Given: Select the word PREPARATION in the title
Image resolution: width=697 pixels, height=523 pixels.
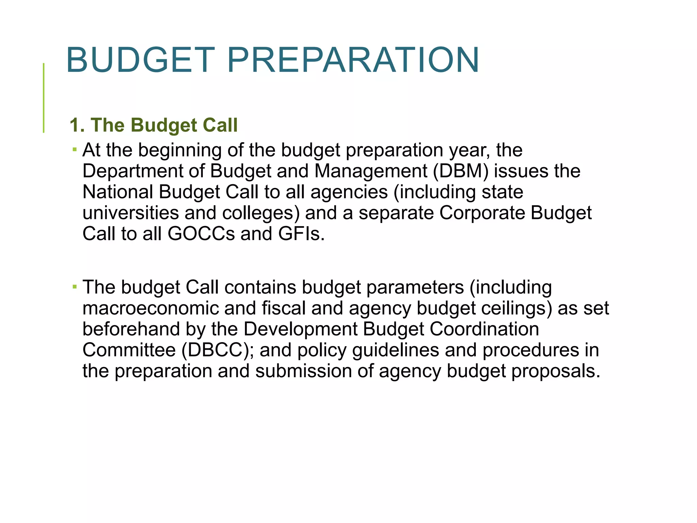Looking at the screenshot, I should pos(353,60).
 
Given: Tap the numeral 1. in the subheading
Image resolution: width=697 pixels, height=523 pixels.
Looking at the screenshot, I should pos(77,125).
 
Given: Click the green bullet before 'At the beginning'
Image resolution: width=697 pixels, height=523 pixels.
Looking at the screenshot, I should pos(75,149).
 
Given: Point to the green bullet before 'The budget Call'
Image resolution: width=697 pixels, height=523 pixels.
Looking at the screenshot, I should pos(75,286).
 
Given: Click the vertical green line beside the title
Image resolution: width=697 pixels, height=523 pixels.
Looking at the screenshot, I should pos(44,98).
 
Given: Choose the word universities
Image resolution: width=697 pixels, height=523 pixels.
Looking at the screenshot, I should pos(131,213).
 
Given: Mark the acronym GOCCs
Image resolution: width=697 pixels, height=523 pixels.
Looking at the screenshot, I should pos(201,234).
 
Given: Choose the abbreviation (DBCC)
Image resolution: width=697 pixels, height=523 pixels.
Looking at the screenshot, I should pos(217,350).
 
